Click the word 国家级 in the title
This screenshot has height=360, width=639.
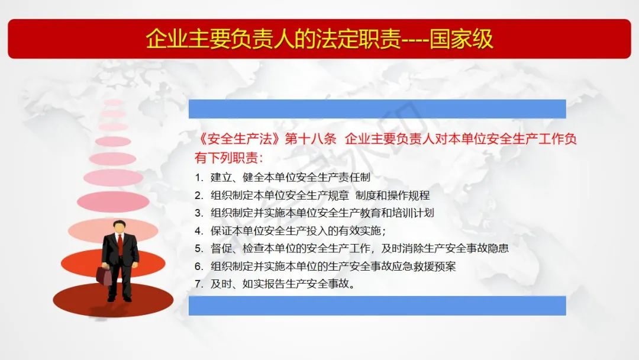pyautogui.click(x=461, y=39)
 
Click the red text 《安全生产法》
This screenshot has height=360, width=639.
pyautogui.click(x=239, y=139)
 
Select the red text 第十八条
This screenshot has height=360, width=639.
pyautogui.click(x=311, y=139)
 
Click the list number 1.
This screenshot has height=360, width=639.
pyautogui.click(x=198, y=178)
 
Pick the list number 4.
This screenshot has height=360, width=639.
pyautogui.click(x=198, y=231)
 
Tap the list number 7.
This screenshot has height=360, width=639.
pyautogui.click(x=198, y=284)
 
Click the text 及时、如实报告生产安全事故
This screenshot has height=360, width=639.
pyautogui.click(x=282, y=284)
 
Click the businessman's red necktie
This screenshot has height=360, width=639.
pyautogui.click(x=120, y=243)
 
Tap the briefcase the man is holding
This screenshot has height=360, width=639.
pyautogui.click(x=104, y=275)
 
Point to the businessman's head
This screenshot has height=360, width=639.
pyautogui.click(x=119, y=227)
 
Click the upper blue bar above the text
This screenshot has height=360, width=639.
pyautogui.click(x=377, y=109)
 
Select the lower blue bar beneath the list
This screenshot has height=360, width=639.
pyautogui.click(x=377, y=306)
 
